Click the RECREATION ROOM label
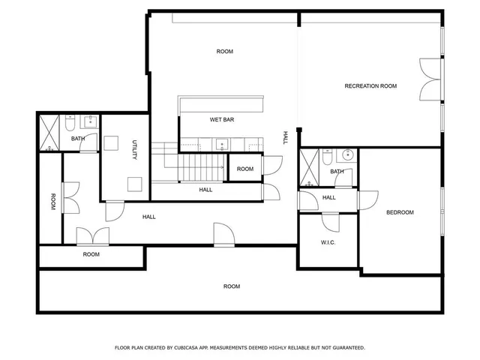click(x=370, y=86)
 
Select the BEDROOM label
click(x=400, y=212)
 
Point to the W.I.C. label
click(x=328, y=241)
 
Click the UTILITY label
click(x=134, y=150)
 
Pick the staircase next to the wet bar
click(x=201, y=167)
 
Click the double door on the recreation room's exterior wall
click(x=431, y=79)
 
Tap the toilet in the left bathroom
click(x=70, y=124)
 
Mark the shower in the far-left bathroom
click(x=50, y=133)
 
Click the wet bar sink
click(x=222, y=144)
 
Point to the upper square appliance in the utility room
click(x=112, y=142)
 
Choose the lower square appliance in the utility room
click(x=134, y=183)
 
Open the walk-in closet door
click(x=331, y=220)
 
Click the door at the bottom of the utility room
click(x=112, y=209)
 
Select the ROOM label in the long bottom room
click(x=232, y=286)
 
